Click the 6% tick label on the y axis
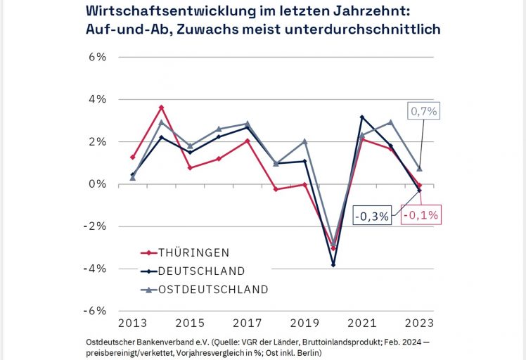(97, 57)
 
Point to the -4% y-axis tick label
(95, 268)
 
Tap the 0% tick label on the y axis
(97, 184)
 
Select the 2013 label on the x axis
(132, 323)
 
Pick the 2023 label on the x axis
(419, 323)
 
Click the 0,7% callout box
(424, 110)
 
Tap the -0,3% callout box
(372, 217)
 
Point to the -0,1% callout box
(421, 215)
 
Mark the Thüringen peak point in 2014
(162, 108)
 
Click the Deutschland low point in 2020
(333, 264)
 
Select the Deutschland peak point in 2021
(361, 117)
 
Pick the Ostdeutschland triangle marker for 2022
(390, 122)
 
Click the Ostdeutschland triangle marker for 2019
(304, 141)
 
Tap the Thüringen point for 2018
(276, 189)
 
